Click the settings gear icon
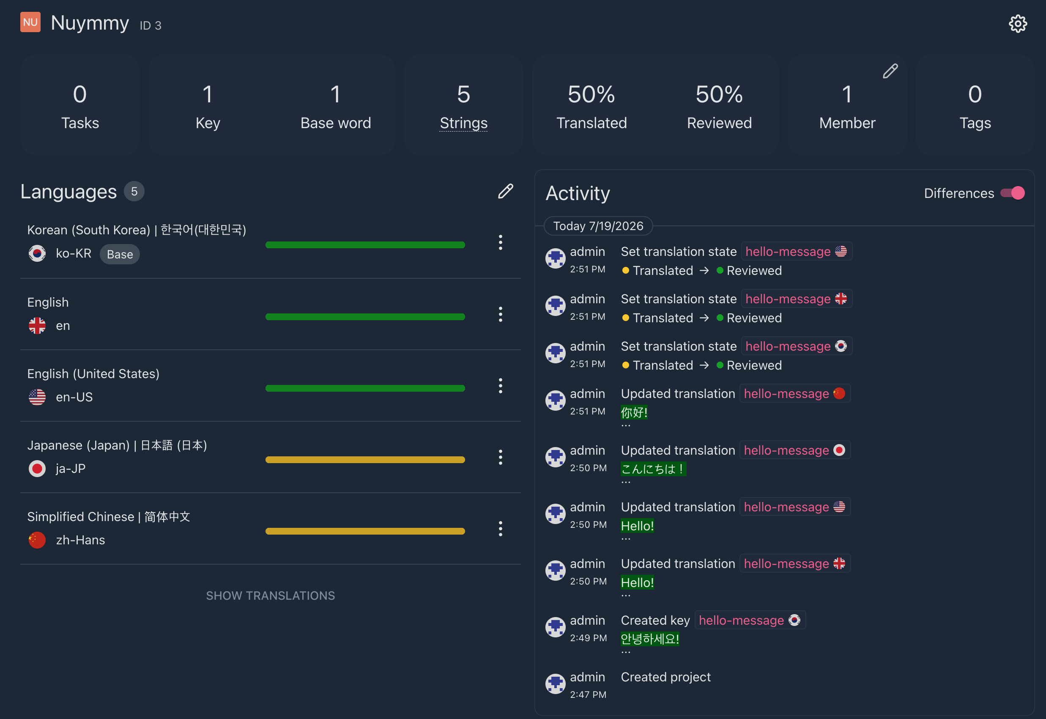(x=1018, y=23)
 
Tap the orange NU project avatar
(x=30, y=22)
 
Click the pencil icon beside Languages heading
(x=505, y=191)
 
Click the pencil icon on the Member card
(x=890, y=71)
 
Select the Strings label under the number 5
(x=463, y=123)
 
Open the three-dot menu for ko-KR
(x=500, y=242)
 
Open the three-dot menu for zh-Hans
(x=500, y=528)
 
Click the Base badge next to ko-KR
(x=120, y=254)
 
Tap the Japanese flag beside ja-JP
(x=37, y=469)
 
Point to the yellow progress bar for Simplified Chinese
(x=365, y=531)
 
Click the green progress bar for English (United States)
(x=365, y=388)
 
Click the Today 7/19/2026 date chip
(x=598, y=226)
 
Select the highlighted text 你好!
(x=634, y=412)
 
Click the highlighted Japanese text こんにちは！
(x=653, y=469)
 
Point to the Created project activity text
(x=665, y=677)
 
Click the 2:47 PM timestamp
(x=588, y=694)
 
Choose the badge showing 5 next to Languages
(x=134, y=192)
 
